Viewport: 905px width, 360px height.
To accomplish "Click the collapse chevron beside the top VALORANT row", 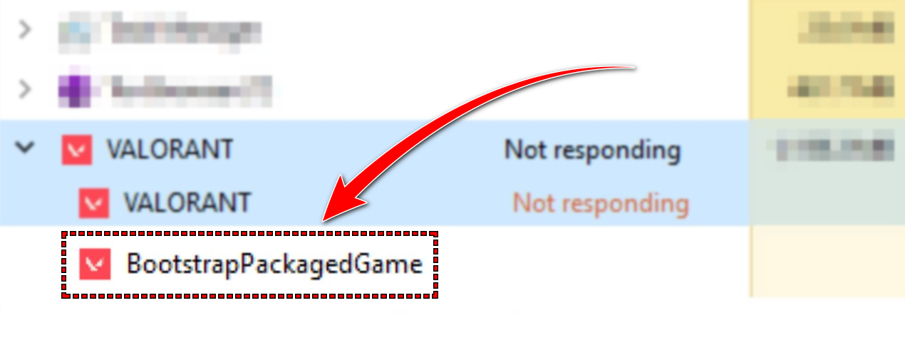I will pyautogui.click(x=26, y=148).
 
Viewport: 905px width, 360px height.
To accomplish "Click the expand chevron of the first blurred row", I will pyautogui.click(x=26, y=30).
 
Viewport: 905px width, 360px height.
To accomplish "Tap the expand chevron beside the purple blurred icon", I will pyautogui.click(x=26, y=89).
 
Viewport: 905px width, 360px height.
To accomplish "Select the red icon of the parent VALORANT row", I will pyautogui.click(x=77, y=150).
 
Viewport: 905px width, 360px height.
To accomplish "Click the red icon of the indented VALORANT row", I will pyautogui.click(x=94, y=203).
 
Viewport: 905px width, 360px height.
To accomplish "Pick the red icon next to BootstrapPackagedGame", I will pyautogui.click(x=95, y=264).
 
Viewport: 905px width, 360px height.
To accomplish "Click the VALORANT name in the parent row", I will pyautogui.click(x=170, y=150).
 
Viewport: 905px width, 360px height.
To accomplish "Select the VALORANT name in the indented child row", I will pyautogui.click(x=187, y=203).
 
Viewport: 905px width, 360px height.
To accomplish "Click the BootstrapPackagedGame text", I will pyautogui.click(x=274, y=264).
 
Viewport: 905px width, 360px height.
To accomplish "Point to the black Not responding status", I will pyautogui.click(x=592, y=150).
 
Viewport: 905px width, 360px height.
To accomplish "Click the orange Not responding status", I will pyautogui.click(x=601, y=203).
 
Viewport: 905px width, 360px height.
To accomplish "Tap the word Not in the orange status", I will pyautogui.click(x=533, y=203).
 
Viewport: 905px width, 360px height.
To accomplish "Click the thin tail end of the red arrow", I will pyautogui.click(x=631, y=68).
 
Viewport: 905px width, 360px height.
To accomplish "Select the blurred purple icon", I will pyautogui.click(x=74, y=89).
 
